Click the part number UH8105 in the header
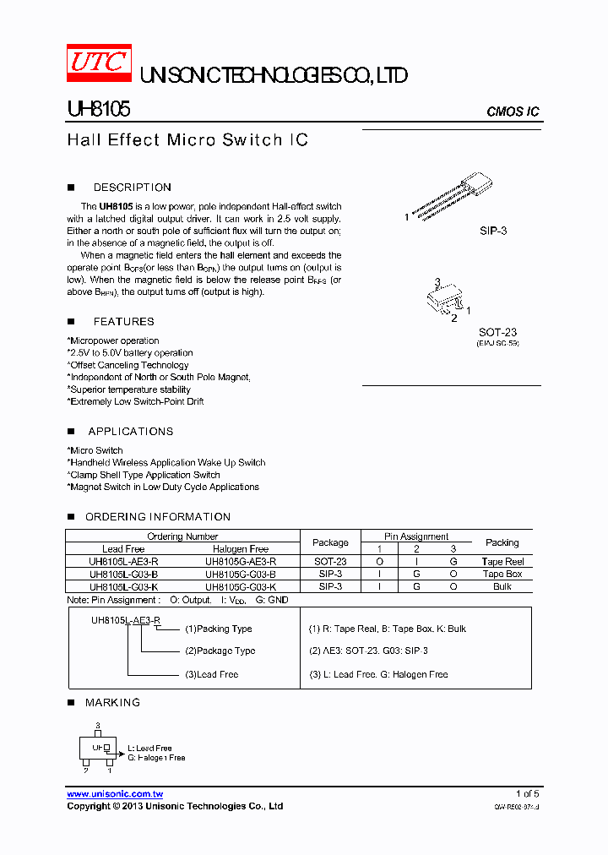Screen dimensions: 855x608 click(x=98, y=110)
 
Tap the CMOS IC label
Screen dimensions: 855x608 click(x=513, y=112)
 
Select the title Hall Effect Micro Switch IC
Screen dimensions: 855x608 click(x=187, y=139)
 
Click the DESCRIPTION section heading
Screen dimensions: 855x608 click(x=132, y=188)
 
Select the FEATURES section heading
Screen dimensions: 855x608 click(x=123, y=321)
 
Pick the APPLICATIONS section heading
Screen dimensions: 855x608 click(x=130, y=431)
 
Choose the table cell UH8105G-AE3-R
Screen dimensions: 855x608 click(x=241, y=561)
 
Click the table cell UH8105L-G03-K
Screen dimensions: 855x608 click(x=123, y=585)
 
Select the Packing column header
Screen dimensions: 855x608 click(x=502, y=542)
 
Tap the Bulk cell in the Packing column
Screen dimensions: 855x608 click(x=502, y=585)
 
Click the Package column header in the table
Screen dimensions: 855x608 click(x=330, y=542)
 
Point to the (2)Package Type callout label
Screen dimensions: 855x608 click(x=220, y=651)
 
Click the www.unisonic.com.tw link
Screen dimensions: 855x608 click(x=115, y=794)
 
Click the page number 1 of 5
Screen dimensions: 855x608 click(x=527, y=794)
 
